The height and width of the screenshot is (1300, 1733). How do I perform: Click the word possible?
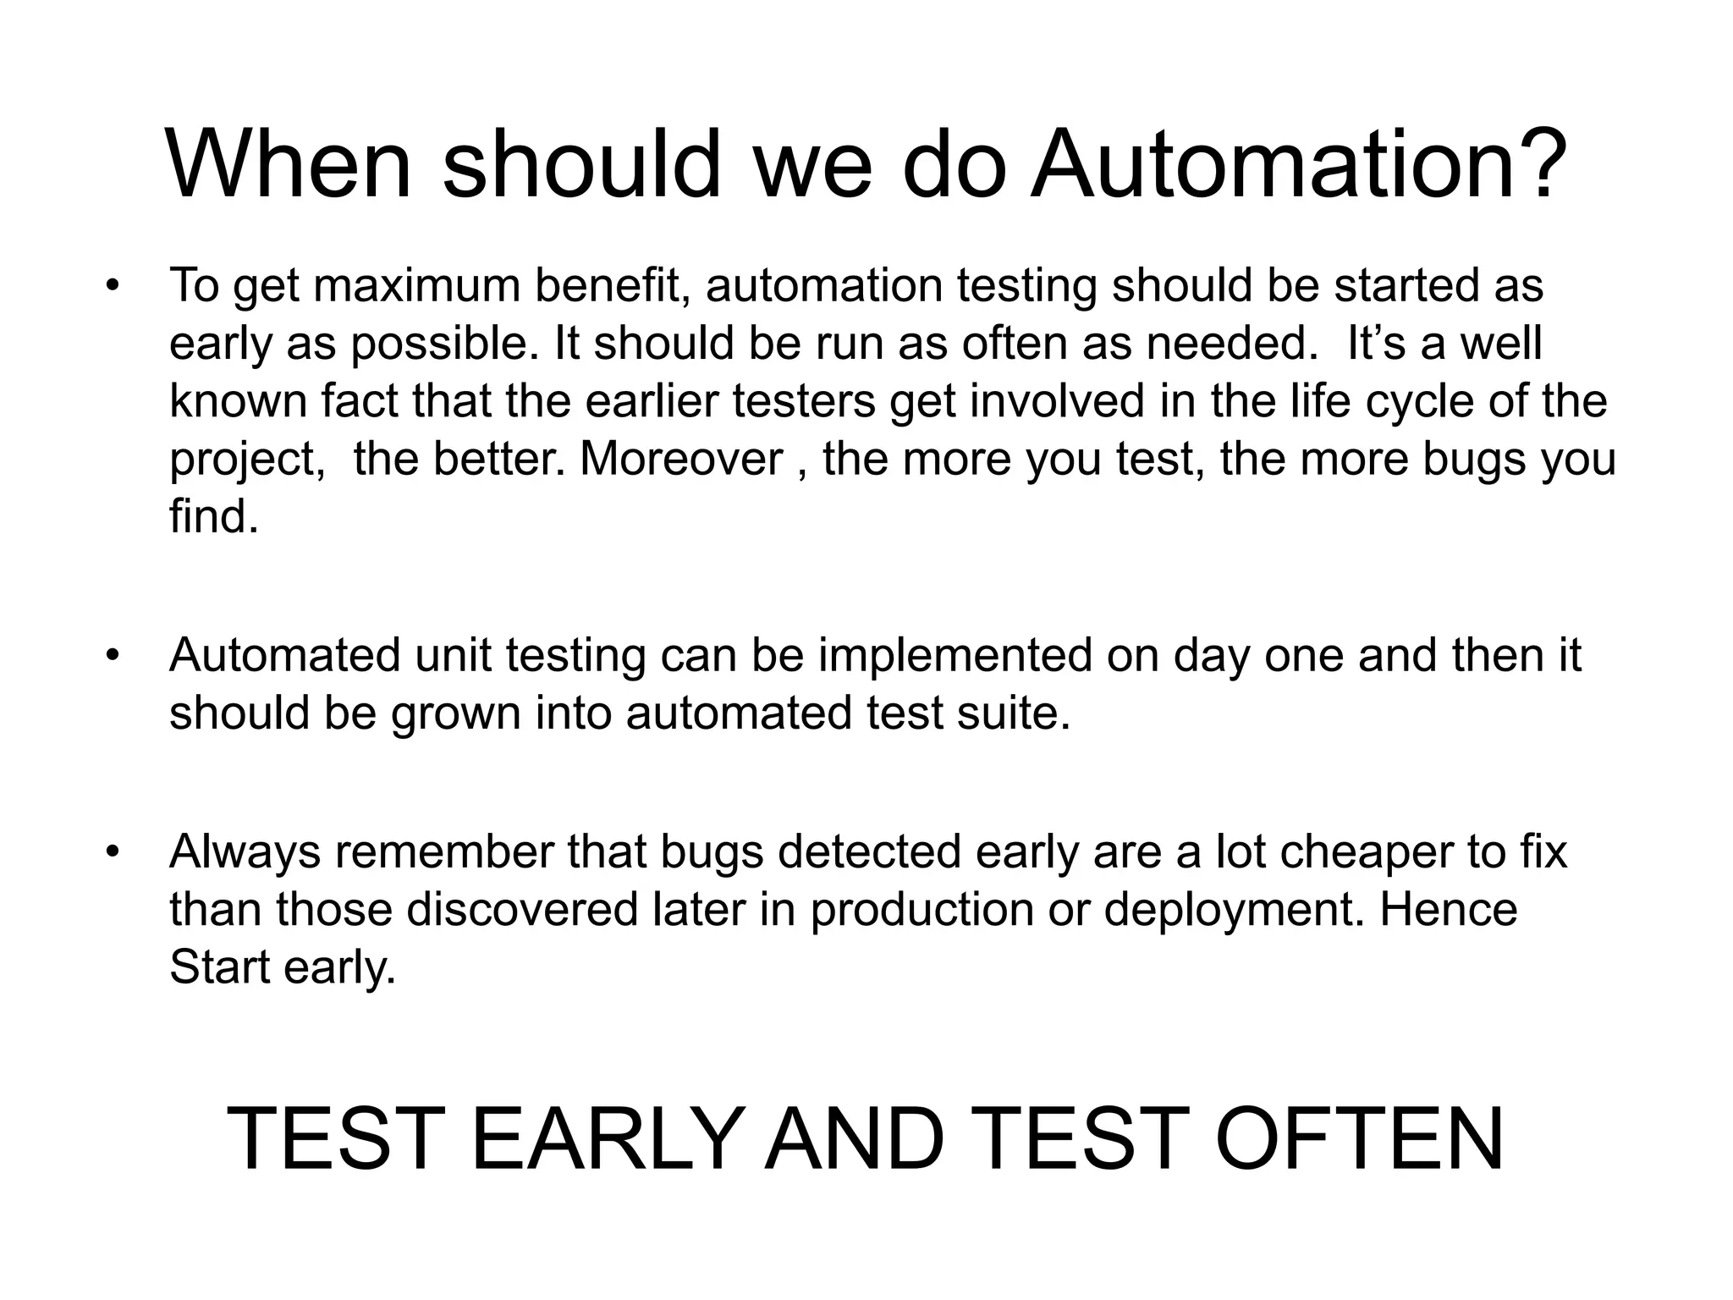[x=445, y=344]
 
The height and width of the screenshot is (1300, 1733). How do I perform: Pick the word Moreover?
[x=681, y=460]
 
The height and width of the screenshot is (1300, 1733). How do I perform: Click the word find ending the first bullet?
[x=213, y=516]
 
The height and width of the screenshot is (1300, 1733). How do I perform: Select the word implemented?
[x=955, y=657]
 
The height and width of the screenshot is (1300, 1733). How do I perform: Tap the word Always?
[x=245, y=853]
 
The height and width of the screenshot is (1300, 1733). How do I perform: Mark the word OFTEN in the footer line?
[x=1359, y=1139]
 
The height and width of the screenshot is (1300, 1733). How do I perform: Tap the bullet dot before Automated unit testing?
[x=112, y=657]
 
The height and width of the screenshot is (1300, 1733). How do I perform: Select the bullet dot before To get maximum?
[x=112, y=286]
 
